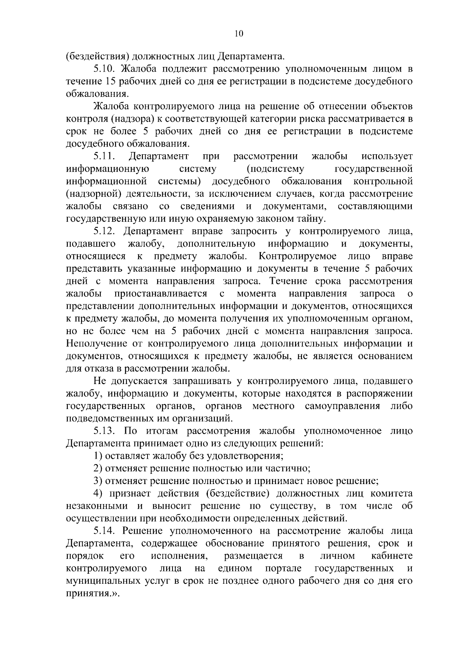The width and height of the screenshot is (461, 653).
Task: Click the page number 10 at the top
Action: pos(238,33)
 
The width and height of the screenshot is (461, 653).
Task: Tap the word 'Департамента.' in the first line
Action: pos(252,57)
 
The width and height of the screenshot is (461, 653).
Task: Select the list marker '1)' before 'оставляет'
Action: pos(98,456)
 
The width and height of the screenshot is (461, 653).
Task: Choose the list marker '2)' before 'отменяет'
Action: pos(98,469)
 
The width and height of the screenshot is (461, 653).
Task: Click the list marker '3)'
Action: pos(98,481)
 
